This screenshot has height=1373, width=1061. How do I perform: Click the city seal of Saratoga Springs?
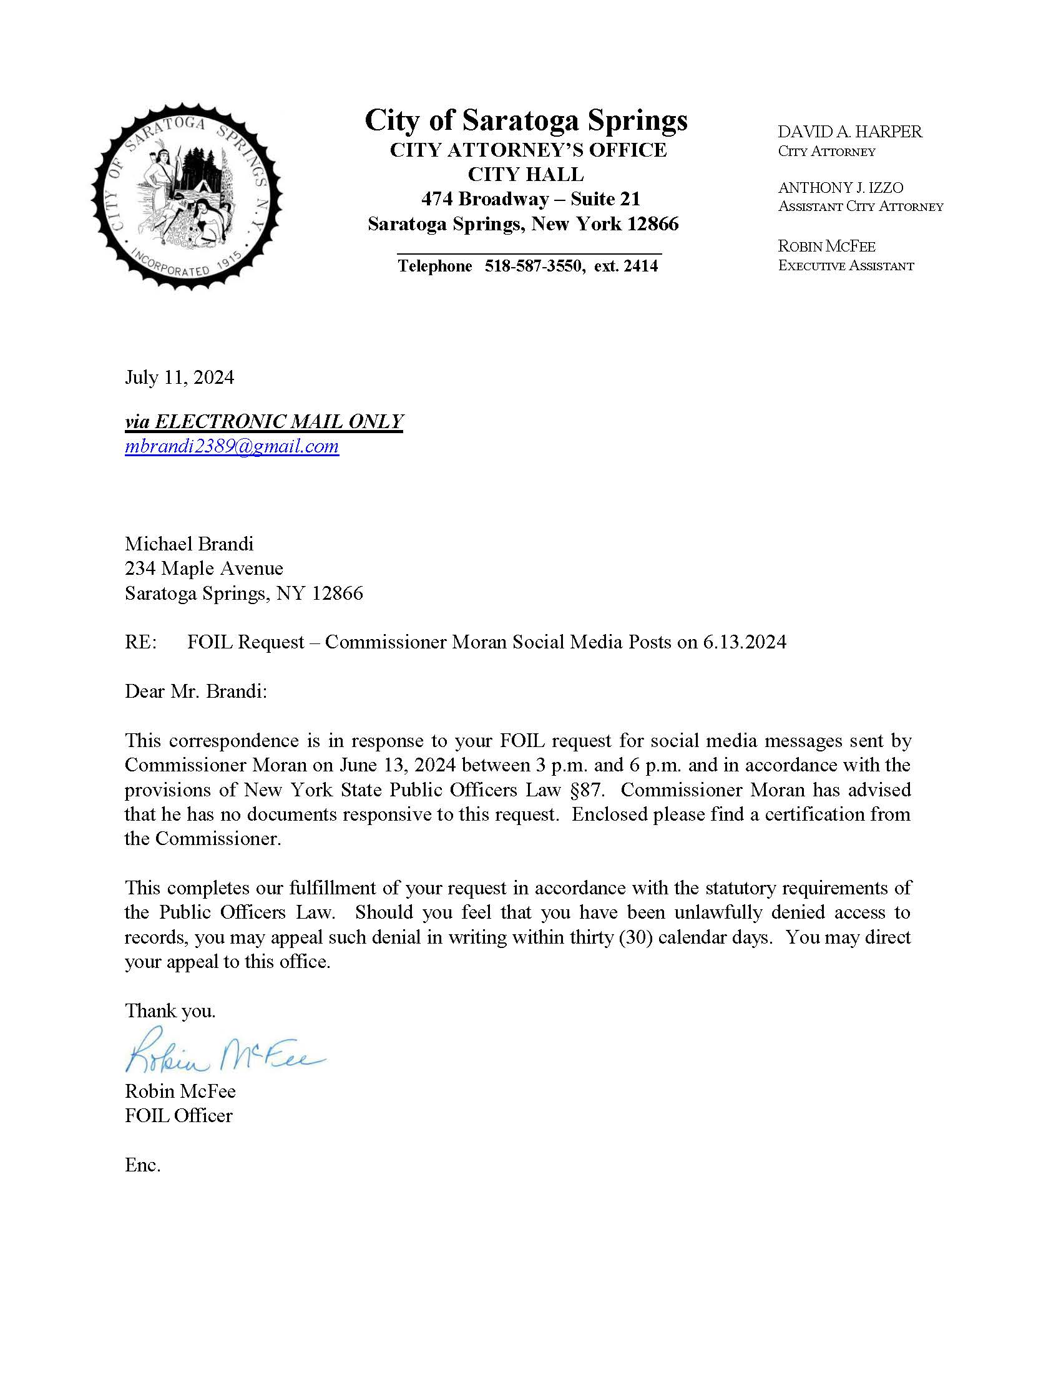tap(187, 196)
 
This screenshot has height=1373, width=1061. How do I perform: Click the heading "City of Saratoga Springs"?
tap(526, 119)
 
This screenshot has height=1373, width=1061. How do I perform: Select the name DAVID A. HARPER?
tap(850, 132)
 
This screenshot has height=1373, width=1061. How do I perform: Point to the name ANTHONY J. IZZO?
tap(841, 187)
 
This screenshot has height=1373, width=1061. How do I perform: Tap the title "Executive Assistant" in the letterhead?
tap(846, 265)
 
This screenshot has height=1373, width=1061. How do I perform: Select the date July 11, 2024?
tap(179, 377)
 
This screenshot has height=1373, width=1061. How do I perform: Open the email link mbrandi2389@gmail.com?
tap(232, 446)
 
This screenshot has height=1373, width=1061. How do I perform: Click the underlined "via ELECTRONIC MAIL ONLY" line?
tap(264, 421)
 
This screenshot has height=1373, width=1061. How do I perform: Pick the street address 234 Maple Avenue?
tap(203, 569)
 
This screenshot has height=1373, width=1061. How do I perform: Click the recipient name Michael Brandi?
tap(189, 544)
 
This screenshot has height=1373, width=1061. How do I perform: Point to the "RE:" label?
tap(141, 642)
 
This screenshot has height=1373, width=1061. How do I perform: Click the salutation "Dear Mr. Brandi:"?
tap(196, 691)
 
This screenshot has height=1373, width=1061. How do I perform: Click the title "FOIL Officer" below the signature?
tap(178, 1116)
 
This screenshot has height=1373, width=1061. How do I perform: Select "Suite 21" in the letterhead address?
tap(605, 199)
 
